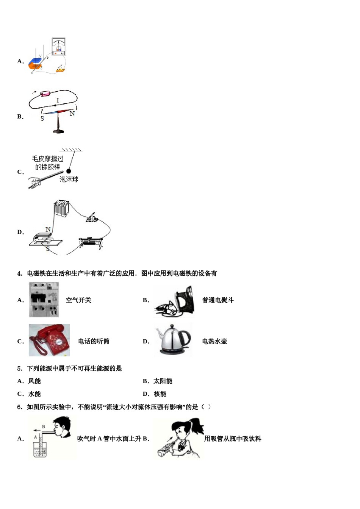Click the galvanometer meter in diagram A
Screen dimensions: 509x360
click(x=59, y=47)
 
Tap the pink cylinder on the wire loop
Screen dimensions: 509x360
click(x=45, y=94)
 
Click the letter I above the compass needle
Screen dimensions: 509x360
click(x=58, y=100)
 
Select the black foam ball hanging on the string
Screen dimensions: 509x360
click(x=69, y=171)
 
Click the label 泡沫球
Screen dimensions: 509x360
click(x=69, y=179)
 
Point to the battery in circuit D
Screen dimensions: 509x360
click(x=61, y=208)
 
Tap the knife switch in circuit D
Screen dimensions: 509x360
click(x=92, y=218)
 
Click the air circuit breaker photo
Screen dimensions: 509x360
click(x=44, y=300)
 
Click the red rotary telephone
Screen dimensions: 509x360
click(x=49, y=340)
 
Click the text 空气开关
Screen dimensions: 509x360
click(x=78, y=300)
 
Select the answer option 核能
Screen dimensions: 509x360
click(x=160, y=394)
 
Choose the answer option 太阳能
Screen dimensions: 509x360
click(x=163, y=381)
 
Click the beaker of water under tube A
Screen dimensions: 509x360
click(x=40, y=449)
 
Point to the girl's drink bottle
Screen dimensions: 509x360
click(x=165, y=449)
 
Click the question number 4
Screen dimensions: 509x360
click(x=19, y=273)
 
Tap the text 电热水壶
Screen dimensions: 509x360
click(x=214, y=341)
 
